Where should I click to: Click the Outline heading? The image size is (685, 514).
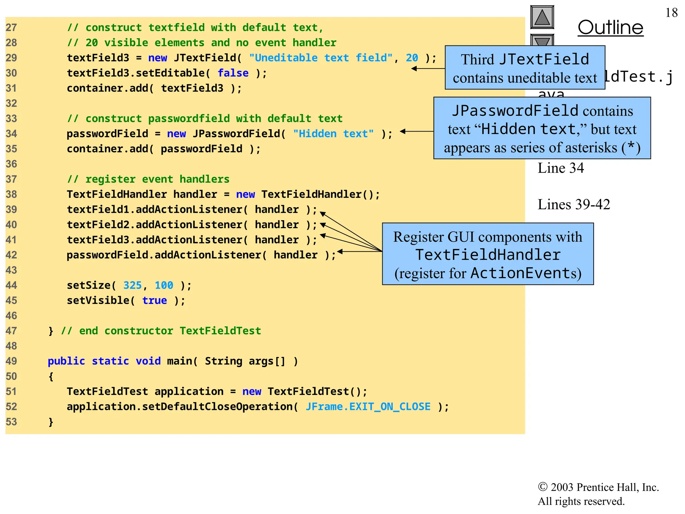coord(610,27)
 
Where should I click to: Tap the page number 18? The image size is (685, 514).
coord(671,13)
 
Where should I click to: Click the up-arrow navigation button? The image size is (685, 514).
coord(542,17)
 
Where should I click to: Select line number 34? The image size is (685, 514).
coord(11,134)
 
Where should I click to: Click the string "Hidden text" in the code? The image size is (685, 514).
coord(333,134)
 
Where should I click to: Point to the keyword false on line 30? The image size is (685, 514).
coord(233,73)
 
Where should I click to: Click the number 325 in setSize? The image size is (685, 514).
coord(132,285)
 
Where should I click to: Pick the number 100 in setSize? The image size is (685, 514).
coord(164,285)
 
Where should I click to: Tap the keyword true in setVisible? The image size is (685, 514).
coord(154,301)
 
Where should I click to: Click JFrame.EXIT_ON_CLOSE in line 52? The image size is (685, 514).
coord(368,407)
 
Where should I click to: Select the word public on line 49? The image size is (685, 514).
coord(66,361)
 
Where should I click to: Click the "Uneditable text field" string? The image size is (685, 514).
coord(320,58)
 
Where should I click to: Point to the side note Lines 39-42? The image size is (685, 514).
coord(574,204)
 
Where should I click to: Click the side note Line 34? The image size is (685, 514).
coord(561,168)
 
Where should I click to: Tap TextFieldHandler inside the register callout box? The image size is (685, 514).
coord(488,255)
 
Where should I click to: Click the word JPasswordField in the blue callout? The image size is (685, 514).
coord(515,111)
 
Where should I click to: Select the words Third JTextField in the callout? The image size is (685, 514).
coord(525,60)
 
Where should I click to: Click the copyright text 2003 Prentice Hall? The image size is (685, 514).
coord(598,487)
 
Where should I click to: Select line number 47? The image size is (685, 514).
coord(11,331)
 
